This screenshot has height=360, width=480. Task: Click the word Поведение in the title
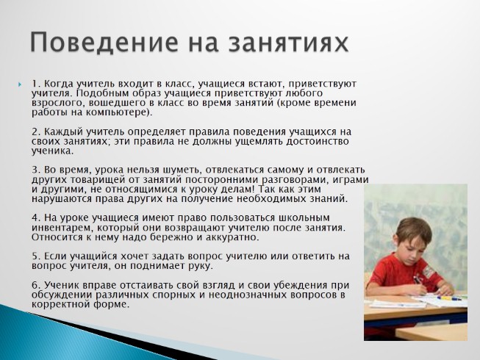coord(104,42)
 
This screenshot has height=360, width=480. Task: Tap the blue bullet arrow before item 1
coord(20,84)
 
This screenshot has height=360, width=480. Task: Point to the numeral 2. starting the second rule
coord(36,132)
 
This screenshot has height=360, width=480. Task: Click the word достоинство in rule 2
coord(317,141)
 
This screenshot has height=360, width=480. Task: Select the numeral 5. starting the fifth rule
coord(36,256)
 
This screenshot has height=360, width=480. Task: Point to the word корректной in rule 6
coord(60,305)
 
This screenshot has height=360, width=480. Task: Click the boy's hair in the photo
coord(414,230)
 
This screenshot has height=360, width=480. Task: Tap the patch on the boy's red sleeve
coord(429,271)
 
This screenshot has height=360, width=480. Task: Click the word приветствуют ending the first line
coord(323,84)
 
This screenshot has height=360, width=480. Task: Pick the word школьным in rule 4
coord(304,218)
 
